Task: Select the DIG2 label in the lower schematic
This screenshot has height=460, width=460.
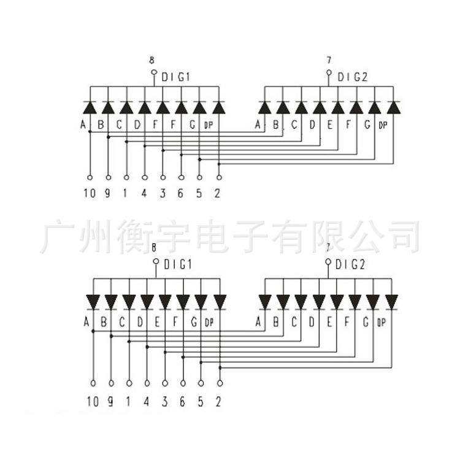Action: coord(350,264)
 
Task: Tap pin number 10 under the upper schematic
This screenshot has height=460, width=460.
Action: coord(90,194)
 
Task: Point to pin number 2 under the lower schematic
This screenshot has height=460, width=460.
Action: coord(219,402)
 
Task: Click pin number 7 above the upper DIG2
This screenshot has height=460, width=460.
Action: coord(329,60)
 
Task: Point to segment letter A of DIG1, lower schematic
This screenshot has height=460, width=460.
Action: coord(86,321)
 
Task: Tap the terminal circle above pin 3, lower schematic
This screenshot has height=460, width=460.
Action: coord(164,383)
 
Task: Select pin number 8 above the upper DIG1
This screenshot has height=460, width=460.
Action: coord(152,60)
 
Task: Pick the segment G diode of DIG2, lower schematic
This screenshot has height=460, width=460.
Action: coord(374,302)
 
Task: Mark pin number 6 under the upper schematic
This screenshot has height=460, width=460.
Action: coord(182,194)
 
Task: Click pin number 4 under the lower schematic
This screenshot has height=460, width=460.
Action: coord(146,402)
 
